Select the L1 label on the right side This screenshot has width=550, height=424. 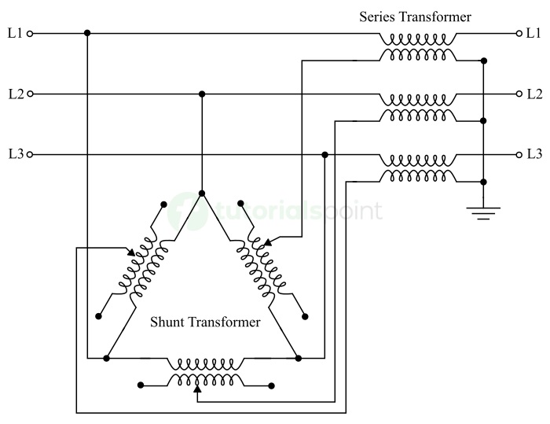[534, 33]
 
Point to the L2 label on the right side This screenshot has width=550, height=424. [534, 94]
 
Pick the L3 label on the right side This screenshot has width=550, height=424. [534, 154]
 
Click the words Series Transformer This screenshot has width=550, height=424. [415, 16]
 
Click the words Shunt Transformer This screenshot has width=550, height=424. [205, 322]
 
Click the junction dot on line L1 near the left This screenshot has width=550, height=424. [86, 33]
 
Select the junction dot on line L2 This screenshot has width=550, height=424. [202, 94]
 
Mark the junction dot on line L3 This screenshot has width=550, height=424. [325, 155]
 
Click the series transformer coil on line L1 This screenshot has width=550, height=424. [417, 39]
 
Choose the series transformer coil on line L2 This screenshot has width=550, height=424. [417, 99]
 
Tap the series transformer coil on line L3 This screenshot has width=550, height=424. [417, 160]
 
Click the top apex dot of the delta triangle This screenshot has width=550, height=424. [202, 193]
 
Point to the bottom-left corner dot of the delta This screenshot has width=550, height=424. [107, 358]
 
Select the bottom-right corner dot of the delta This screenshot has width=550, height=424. [299, 358]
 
